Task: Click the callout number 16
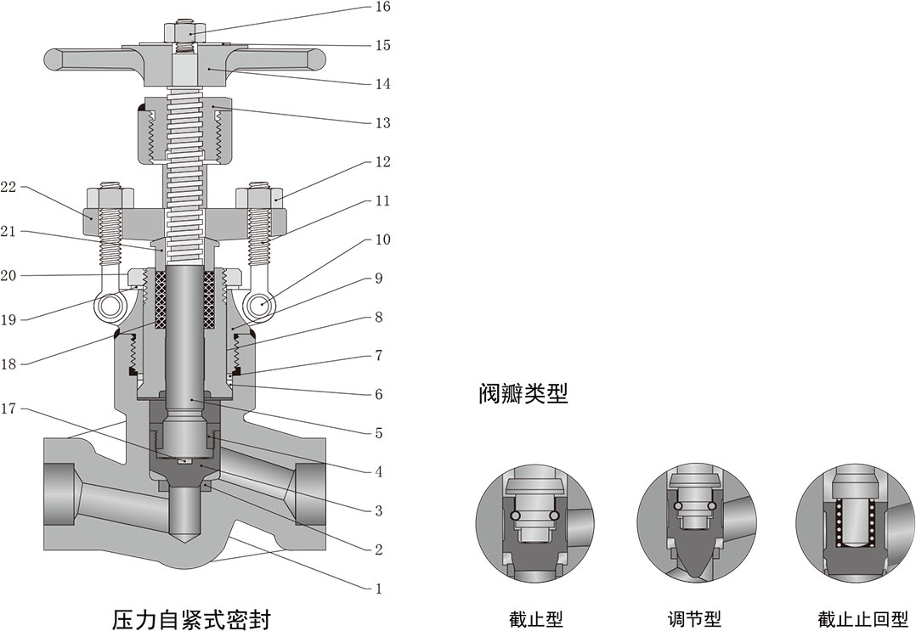(x=382, y=7)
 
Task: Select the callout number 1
(x=378, y=588)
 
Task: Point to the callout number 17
(x=9, y=408)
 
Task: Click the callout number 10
(x=382, y=239)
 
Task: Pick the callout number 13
(x=382, y=123)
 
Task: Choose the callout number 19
(x=9, y=319)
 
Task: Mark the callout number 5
(x=378, y=433)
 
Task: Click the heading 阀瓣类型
(x=522, y=394)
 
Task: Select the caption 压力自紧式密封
(x=191, y=617)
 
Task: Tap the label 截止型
(x=535, y=618)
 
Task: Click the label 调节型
(x=694, y=618)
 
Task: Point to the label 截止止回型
(x=852, y=618)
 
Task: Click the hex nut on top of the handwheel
(x=186, y=31)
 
